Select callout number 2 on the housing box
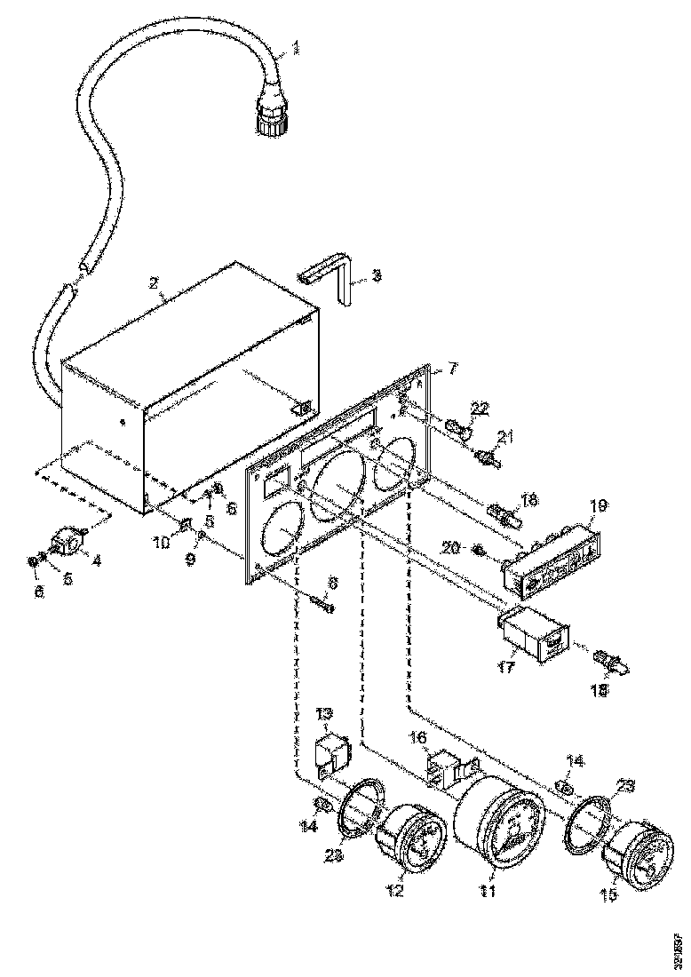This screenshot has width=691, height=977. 154,283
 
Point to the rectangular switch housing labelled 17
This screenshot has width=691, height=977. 534,632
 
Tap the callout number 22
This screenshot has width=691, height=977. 480,408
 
